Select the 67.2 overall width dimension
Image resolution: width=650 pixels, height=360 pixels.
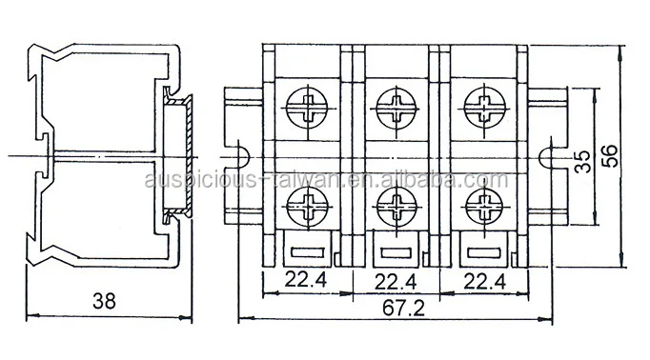(x=394, y=310)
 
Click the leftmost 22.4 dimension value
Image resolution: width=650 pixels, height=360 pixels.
(x=305, y=280)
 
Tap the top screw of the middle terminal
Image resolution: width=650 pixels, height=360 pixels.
(x=396, y=103)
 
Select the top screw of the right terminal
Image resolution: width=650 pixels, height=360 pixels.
(x=483, y=103)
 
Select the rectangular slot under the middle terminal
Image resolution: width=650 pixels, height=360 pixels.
(x=396, y=251)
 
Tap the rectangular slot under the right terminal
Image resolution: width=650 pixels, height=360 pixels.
(x=483, y=251)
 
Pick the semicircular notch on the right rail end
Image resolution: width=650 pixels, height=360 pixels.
(x=550, y=154)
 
